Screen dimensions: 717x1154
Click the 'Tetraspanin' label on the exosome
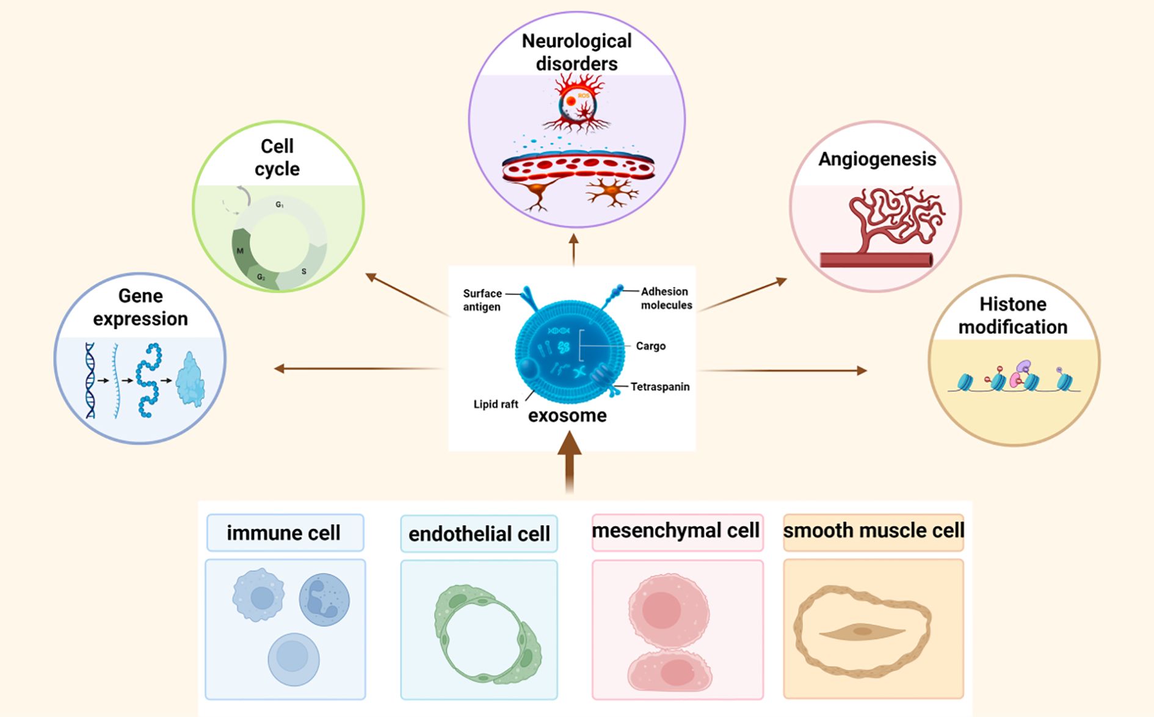click(x=659, y=387)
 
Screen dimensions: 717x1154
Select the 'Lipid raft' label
click(x=495, y=404)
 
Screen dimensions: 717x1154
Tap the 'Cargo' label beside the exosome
click(x=650, y=346)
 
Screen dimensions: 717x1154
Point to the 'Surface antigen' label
click(x=482, y=300)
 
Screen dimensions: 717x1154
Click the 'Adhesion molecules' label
click(x=666, y=298)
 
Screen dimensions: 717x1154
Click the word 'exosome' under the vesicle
click(x=567, y=416)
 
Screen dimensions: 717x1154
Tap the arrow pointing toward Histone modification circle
click(x=782, y=370)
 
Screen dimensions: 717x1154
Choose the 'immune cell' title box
click(x=285, y=533)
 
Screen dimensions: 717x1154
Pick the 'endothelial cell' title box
click(x=479, y=534)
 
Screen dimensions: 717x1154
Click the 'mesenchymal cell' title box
click(x=677, y=531)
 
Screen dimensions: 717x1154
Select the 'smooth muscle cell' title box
click(x=873, y=531)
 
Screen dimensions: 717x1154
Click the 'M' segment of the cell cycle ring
click(x=241, y=251)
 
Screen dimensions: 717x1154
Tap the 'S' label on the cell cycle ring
click(x=303, y=272)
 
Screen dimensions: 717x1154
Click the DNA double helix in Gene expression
click(x=90, y=380)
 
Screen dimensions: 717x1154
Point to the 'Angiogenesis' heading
click(x=877, y=159)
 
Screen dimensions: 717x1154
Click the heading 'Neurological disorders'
click(x=576, y=52)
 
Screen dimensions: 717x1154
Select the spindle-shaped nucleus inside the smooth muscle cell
click(x=862, y=632)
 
